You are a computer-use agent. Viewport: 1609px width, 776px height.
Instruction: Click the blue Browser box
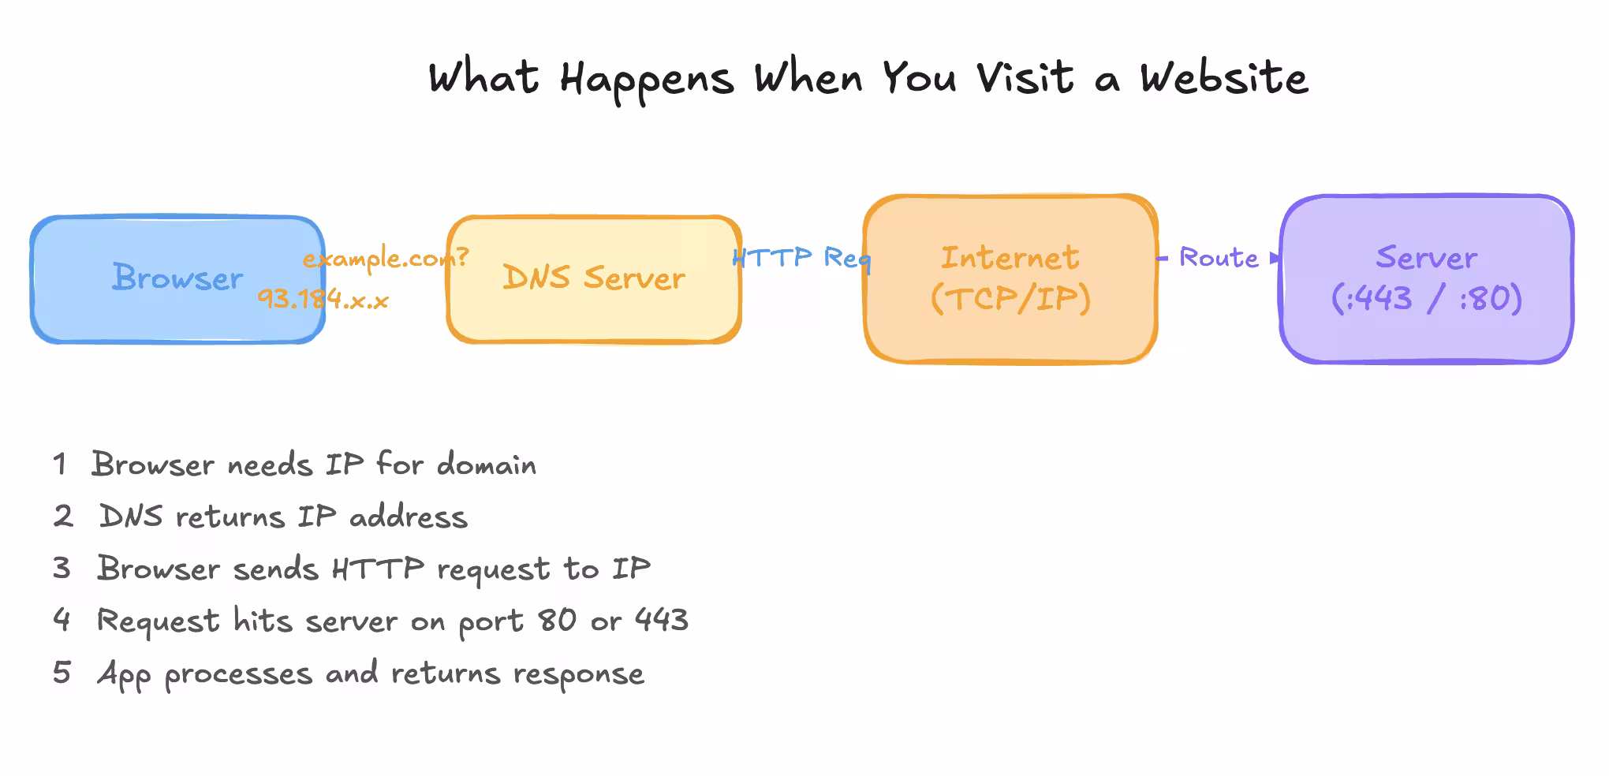click(177, 279)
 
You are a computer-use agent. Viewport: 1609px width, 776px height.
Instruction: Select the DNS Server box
click(594, 279)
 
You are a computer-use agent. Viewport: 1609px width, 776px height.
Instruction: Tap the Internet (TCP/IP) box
click(1010, 279)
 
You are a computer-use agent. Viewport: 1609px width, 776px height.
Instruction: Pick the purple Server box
click(1426, 279)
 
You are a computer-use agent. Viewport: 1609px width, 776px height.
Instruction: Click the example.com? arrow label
click(386, 258)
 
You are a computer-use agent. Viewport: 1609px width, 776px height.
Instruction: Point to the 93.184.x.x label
click(323, 299)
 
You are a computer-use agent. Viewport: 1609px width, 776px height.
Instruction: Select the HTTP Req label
click(801, 258)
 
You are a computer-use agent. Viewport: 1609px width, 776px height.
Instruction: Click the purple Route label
click(1219, 258)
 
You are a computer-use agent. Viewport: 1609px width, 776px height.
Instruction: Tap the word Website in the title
click(1223, 79)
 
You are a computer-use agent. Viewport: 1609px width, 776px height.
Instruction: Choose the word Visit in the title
click(1025, 79)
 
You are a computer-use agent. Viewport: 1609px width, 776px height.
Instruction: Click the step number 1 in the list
click(60, 464)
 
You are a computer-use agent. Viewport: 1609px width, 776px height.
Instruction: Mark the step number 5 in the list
click(62, 673)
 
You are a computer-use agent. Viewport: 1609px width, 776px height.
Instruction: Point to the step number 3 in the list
click(62, 568)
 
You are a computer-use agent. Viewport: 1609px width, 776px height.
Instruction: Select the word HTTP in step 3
click(378, 569)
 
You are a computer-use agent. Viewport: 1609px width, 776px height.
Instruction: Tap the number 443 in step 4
click(662, 621)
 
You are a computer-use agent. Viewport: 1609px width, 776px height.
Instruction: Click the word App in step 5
click(124, 675)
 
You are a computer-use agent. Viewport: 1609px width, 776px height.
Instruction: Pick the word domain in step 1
click(487, 464)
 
